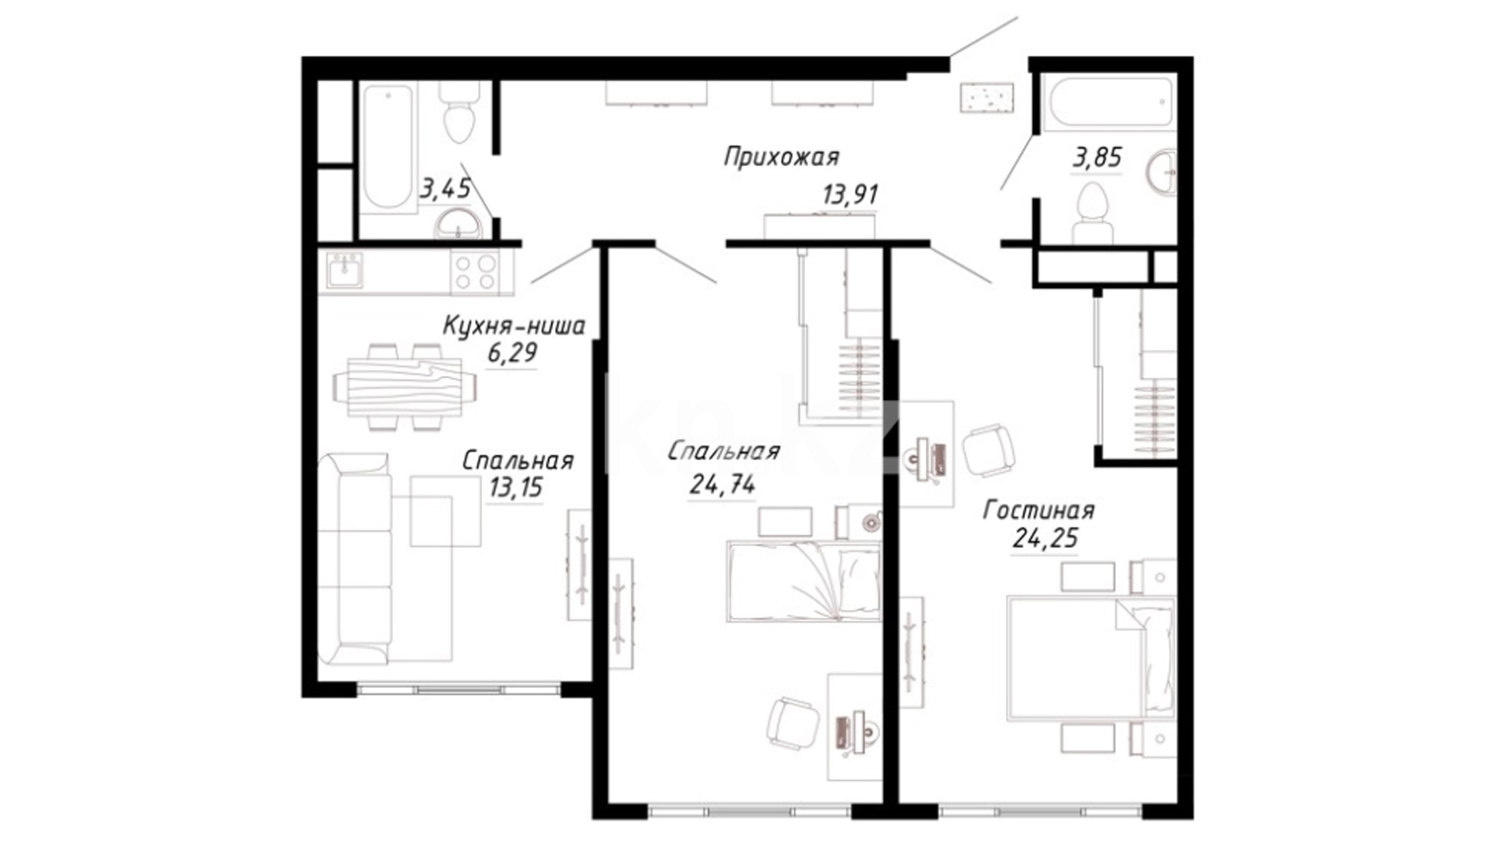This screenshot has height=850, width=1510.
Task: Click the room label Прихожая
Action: click(x=781, y=157)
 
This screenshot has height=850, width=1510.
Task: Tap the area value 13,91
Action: click(x=850, y=194)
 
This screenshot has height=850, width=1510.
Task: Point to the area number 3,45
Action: click(x=445, y=188)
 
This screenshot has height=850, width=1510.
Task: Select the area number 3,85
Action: click(x=1097, y=157)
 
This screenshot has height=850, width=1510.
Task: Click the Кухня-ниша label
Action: click(x=514, y=326)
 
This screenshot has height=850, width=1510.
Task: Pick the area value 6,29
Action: click(x=512, y=353)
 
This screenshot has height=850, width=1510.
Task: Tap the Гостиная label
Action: click(x=1038, y=511)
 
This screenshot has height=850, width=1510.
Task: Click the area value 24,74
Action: click(x=722, y=485)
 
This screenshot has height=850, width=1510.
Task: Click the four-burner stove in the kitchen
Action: click(x=475, y=271)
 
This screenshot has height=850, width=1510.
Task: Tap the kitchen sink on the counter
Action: click(x=344, y=270)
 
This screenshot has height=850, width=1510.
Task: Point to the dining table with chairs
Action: click(x=405, y=387)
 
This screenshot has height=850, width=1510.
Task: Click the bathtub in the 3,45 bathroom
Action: click(x=389, y=147)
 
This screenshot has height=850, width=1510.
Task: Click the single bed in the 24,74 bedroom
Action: click(x=803, y=581)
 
